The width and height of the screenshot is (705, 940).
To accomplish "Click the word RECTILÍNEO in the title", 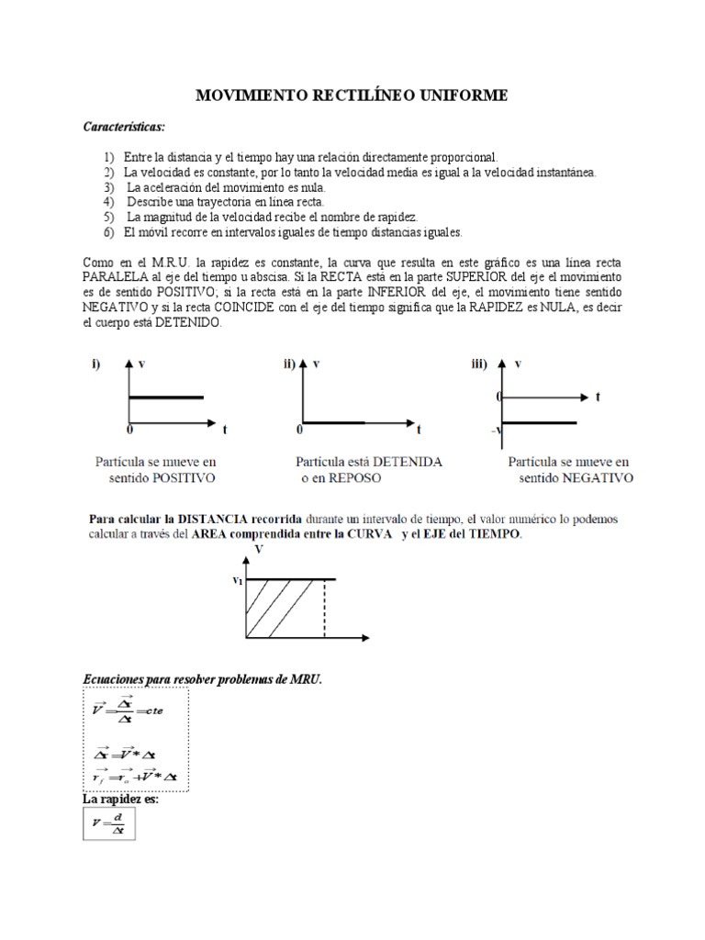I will [x=352, y=95].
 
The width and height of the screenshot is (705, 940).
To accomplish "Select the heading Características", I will [x=125, y=126].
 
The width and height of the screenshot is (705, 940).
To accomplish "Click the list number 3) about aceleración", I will [x=108, y=186].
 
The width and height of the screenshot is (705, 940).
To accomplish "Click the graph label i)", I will [x=95, y=364].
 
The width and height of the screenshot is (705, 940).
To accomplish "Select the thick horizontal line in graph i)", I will [x=166, y=397].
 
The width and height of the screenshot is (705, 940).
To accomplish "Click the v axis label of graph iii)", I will [x=519, y=364].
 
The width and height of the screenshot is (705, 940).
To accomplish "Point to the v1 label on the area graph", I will [x=238, y=579].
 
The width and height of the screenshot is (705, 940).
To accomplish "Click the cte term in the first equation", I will [x=149, y=710].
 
